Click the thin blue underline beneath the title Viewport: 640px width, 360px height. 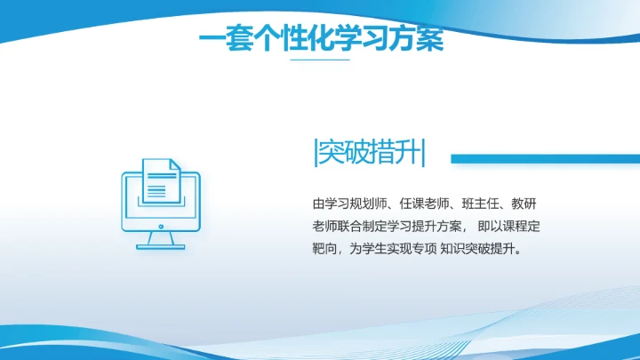tap(321, 60)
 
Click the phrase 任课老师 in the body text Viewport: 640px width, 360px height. tap(428, 203)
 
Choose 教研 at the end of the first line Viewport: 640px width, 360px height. tap(529, 203)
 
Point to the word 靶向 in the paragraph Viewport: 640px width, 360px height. tap(324, 249)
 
